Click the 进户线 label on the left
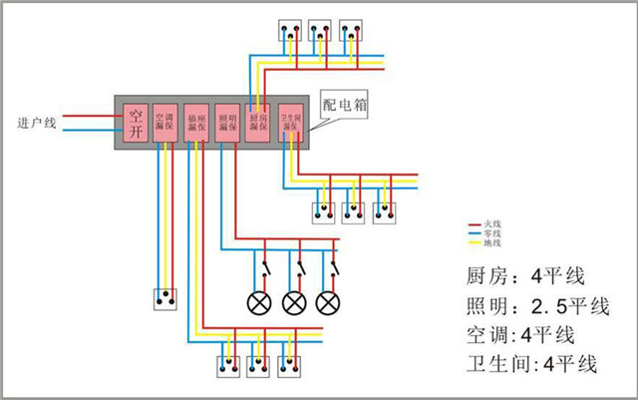[41, 123]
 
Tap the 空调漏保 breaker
[167, 122]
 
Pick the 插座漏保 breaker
[197, 122]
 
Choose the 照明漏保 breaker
[227, 122]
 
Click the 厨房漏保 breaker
[258, 122]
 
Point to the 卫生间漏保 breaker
[290, 122]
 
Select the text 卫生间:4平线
[531, 364]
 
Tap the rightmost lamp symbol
[327, 302]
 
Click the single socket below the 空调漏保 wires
[163, 297]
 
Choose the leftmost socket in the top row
[290, 31]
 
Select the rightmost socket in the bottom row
[290, 365]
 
